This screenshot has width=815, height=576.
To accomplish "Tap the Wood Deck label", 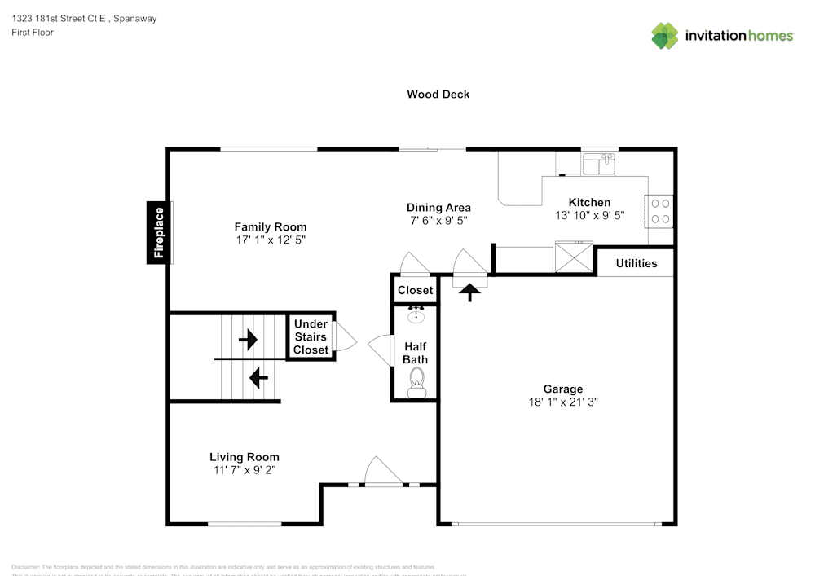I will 438,95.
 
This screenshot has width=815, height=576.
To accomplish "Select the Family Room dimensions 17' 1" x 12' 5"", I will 270,240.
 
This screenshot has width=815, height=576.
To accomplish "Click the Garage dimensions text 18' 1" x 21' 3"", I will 563,402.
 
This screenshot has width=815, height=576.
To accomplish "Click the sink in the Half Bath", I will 416,314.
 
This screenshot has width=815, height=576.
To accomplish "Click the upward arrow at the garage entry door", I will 470,292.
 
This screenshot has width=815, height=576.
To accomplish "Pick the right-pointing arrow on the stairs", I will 248,338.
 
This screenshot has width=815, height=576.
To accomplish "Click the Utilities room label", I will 637,263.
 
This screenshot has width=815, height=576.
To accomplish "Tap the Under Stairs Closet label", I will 311,337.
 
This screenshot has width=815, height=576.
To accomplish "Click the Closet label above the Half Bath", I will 416,290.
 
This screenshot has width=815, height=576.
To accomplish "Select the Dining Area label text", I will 438,208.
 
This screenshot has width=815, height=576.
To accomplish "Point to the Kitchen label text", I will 589,203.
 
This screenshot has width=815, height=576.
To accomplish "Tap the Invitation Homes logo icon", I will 665,35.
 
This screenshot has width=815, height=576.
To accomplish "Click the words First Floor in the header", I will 33,33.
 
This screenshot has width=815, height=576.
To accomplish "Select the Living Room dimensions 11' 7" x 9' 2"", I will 244,470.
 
